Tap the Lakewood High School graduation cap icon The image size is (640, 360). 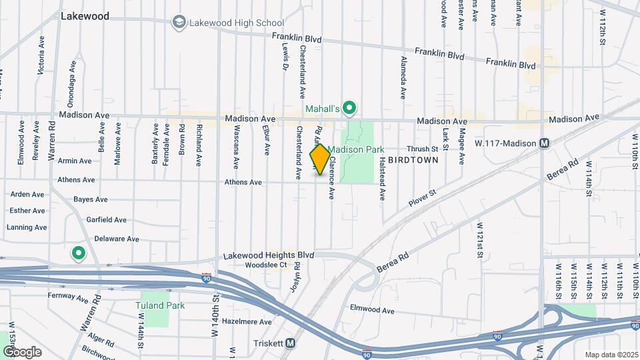179,23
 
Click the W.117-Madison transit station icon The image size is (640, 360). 545,143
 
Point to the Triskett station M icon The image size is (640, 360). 290,343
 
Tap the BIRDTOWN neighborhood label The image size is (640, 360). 413,161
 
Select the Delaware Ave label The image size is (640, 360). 116,239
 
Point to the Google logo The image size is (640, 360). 22,351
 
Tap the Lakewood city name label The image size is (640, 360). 85,16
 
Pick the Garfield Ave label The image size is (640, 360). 106,219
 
